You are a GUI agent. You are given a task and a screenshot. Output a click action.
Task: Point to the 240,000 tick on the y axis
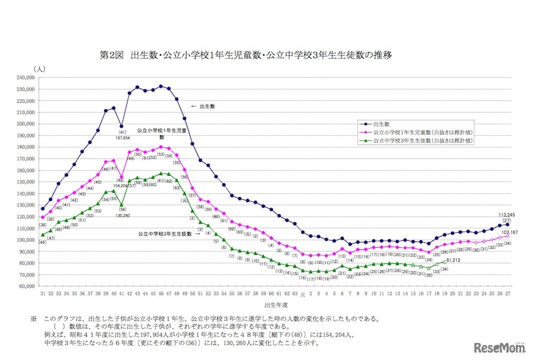(x=26, y=77)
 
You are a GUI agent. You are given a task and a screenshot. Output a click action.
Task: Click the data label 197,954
(x=122, y=137)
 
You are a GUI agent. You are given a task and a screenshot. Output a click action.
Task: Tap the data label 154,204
(x=119, y=185)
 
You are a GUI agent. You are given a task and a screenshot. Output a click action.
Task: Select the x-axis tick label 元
(x=302, y=294)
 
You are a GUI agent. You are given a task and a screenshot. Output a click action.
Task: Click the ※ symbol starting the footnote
(x=34, y=319)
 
